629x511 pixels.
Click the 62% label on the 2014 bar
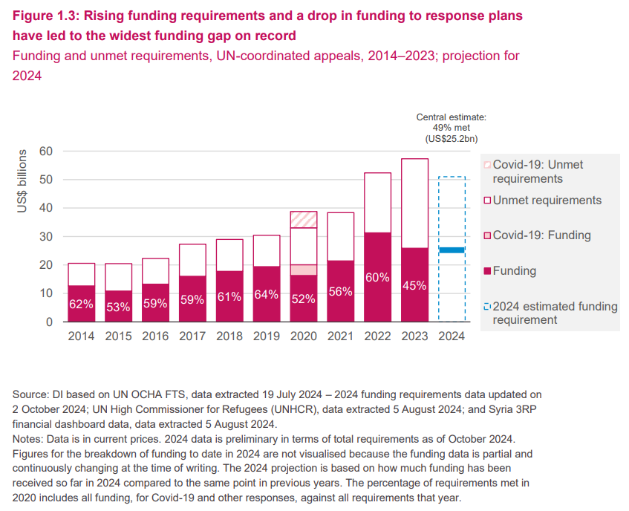click(x=81, y=304)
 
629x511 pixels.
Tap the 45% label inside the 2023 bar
click(x=414, y=286)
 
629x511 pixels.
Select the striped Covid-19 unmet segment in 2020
click(x=304, y=219)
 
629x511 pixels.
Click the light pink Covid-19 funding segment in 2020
click(x=304, y=270)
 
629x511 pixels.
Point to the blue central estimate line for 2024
click(x=452, y=250)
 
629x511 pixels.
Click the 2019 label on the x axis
click(x=267, y=336)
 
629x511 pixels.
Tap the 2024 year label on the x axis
click(x=452, y=336)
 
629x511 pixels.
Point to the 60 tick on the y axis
click(x=46, y=152)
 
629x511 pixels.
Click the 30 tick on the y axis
click(x=46, y=237)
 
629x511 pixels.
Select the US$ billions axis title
click(x=22, y=181)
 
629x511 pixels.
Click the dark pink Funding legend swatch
click(x=487, y=271)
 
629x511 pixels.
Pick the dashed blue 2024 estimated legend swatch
click(x=487, y=307)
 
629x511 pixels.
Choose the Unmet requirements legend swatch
click(x=487, y=201)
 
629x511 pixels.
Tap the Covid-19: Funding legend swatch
click(x=487, y=235)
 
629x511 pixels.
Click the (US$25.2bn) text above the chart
click(x=452, y=139)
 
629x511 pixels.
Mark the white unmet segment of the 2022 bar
click(x=377, y=203)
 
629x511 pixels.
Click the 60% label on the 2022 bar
click(x=377, y=277)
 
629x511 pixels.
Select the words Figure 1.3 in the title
click(x=45, y=16)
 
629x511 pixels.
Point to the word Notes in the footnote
click(x=26, y=439)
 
